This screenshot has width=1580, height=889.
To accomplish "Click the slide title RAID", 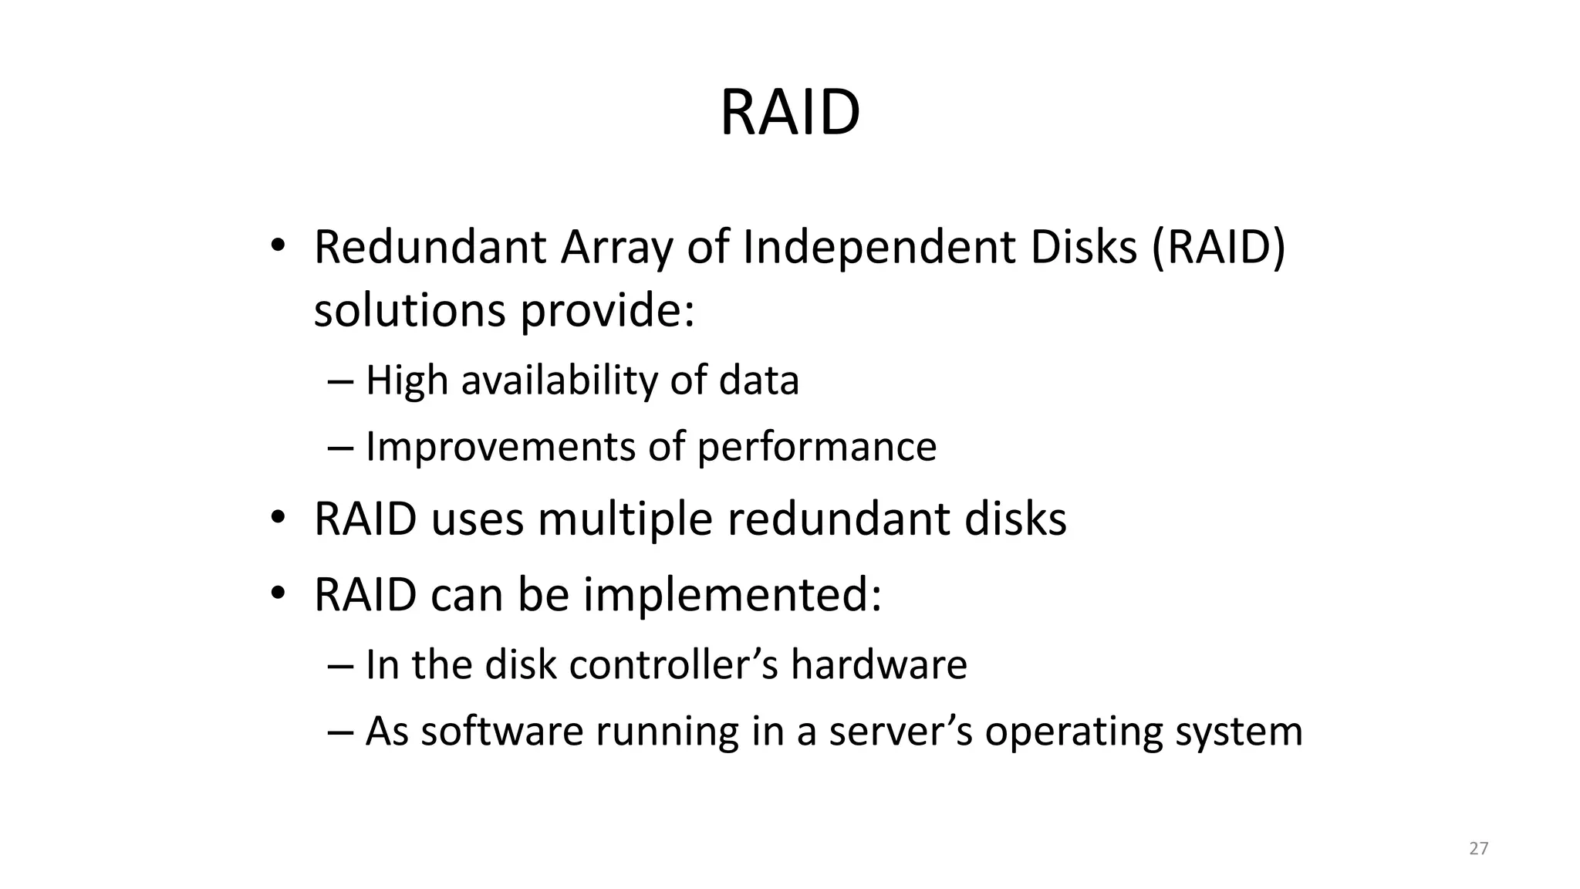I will point(789,113).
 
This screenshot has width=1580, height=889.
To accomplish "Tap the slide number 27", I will point(1478,849).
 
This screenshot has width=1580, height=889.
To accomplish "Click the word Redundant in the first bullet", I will point(430,248).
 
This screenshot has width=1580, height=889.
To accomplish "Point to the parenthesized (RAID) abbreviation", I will point(1218,248).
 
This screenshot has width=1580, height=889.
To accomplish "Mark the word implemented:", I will point(732,596).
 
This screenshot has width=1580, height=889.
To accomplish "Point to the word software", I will point(501,731).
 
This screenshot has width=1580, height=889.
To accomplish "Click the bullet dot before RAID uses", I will point(278,517).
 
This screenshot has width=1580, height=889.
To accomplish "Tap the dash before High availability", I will point(339,381).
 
